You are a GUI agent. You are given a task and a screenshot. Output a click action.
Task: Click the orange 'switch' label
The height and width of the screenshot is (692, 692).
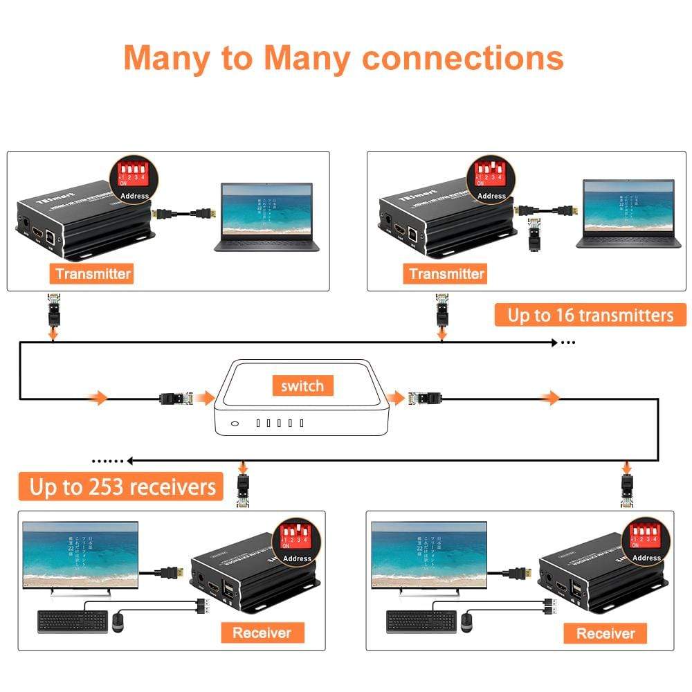pyautogui.click(x=302, y=385)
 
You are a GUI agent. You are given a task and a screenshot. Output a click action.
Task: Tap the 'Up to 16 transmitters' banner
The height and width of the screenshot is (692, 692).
pyautogui.click(x=590, y=316)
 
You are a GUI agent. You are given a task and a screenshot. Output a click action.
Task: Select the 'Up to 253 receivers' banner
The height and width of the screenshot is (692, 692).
pyautogui.click(x=122, y=487)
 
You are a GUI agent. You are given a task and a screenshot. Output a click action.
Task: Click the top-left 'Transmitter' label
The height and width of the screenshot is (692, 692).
pyautogui.click(x=93, y=273)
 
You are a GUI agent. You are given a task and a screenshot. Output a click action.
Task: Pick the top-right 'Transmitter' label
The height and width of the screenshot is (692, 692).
pyautogui.click(x=446, y=273)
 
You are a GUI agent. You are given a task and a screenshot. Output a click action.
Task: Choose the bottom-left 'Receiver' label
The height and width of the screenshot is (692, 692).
pyautogui.click(x=261, y=632)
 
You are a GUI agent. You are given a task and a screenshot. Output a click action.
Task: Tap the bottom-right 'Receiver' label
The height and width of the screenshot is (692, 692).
pyautogui.click(x=605, y=632)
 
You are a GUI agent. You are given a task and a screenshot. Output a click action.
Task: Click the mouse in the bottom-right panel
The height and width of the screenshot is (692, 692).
pyautogui.click(x=466, y=621)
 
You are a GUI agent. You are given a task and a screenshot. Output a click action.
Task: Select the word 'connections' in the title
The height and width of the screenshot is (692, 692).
pyautogui.click(x=463, y=58)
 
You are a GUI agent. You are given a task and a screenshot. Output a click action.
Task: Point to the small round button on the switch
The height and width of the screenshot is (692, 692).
pyautogui.click(x=235, y=424)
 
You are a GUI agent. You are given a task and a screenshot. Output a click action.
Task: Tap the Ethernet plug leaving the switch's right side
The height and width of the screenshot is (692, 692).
pyautogui.click(x=424, y=398)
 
